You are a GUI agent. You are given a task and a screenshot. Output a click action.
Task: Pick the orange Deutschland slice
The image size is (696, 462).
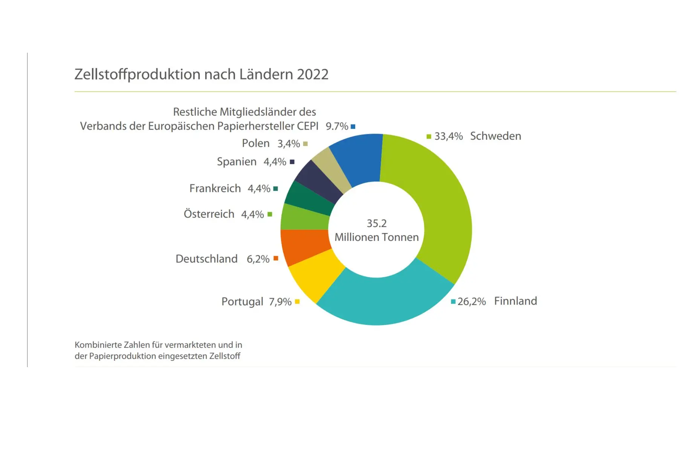(x=303, y=247)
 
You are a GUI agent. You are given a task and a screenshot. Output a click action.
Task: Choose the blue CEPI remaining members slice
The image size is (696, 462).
(x=358, y=158)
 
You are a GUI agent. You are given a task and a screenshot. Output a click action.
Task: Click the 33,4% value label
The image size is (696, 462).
(x=448, y=136)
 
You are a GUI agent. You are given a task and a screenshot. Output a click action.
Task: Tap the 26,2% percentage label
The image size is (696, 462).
(x=472, y=302)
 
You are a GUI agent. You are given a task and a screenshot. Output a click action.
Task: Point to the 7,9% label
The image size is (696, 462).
(x=280, y=302)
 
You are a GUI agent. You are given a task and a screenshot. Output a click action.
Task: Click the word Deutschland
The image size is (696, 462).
(x=206, y=259)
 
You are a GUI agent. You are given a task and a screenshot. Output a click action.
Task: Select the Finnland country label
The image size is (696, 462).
(x=515, y=301)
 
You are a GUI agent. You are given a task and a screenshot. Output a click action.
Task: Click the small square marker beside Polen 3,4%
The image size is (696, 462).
(x=305, y=144)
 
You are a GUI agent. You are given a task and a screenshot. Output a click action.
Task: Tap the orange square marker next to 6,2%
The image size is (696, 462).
(x=276, y=258)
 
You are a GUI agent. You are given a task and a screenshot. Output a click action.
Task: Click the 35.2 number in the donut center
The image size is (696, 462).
(x=377, y=223)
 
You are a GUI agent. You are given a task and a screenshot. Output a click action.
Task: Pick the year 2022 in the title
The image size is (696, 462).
(x=313, y=75)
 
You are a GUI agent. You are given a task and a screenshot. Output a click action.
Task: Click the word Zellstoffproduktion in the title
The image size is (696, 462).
(x=137, y=75)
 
